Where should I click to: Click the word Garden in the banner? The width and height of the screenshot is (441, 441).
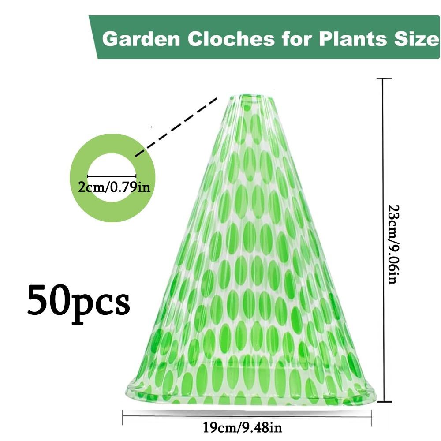pos(141,39)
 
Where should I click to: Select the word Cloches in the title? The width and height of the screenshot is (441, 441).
pos(231,38)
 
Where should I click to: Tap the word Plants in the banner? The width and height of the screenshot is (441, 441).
pos(353,38)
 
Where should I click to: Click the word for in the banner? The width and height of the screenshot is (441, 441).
pos(297,38)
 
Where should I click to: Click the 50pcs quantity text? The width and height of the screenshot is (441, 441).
pos(78,304)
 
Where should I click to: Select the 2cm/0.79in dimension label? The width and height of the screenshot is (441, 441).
pos(114,187)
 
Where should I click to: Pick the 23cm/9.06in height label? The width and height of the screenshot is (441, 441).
pos(394,244)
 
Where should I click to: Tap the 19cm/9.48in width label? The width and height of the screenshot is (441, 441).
pos(243,428)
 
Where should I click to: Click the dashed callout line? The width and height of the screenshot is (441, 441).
pos(176,127)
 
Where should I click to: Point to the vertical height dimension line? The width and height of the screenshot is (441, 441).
pos(383,240)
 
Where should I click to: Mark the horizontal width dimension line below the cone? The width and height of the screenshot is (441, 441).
pos(247,416)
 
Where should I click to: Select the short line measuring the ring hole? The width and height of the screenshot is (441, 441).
pos(112,176)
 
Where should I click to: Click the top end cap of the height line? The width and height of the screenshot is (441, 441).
pos(383,79)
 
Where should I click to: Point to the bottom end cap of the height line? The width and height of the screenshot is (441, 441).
pos(384,402)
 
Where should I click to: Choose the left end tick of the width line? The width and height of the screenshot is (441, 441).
pos(123,417)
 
